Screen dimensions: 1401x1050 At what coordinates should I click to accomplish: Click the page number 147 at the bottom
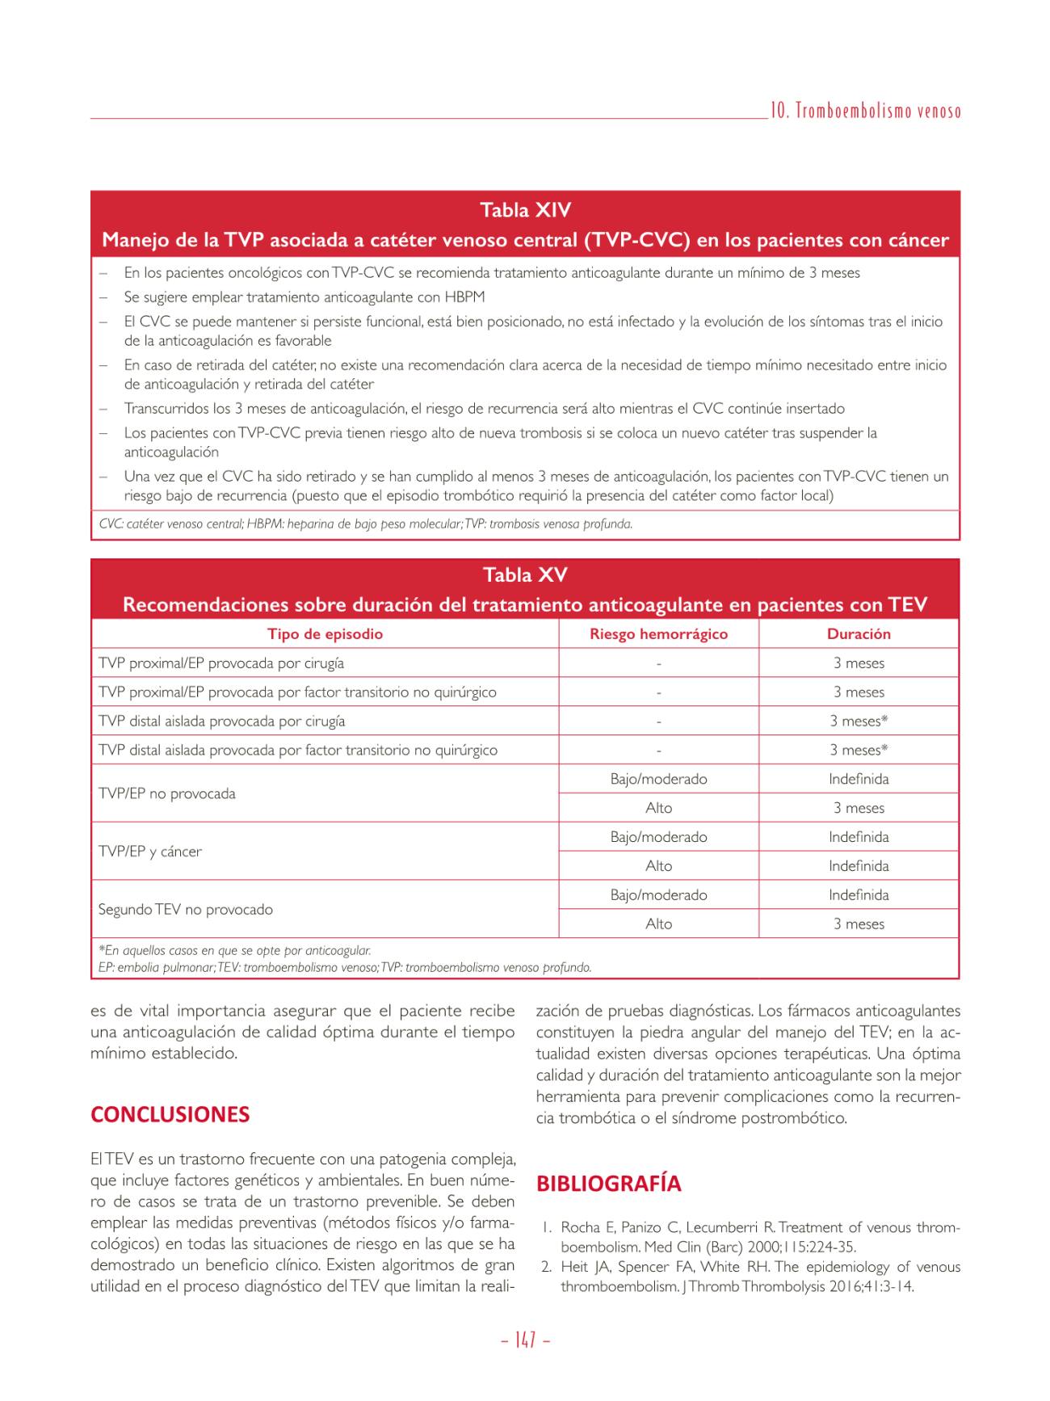coord(525,1340)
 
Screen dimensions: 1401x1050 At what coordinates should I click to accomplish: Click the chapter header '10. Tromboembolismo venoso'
coord(865,112)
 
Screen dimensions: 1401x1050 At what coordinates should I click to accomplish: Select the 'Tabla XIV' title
coord(525,210)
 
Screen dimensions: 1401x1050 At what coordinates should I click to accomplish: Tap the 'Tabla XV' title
coord(525,575)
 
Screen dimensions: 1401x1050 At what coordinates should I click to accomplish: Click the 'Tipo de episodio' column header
coord(325,634)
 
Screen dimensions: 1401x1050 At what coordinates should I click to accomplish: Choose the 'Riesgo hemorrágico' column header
coord(658,634)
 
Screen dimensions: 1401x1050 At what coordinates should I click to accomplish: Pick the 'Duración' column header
coord(859,634)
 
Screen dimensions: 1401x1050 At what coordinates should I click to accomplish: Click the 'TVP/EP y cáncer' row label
coord(150,852)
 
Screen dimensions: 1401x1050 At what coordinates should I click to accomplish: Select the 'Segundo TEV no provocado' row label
coord(186,910)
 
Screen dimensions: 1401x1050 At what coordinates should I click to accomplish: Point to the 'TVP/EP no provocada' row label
coord(167,793)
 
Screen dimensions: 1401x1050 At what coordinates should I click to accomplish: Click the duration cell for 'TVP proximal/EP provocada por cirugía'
coord(859,663)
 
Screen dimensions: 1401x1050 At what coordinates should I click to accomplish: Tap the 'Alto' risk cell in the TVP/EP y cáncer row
coord(658,866)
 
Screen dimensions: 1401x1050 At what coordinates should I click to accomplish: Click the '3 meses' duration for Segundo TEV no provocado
coord(859,924)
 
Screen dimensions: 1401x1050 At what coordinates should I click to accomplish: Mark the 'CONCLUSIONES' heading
coord(170,1115)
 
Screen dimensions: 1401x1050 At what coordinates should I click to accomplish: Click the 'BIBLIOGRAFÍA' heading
coord(608,1184)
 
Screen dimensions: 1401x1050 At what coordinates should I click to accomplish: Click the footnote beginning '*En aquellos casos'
coord(235,951)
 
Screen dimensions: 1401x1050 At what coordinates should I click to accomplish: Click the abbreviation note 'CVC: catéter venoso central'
coord(170,524)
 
